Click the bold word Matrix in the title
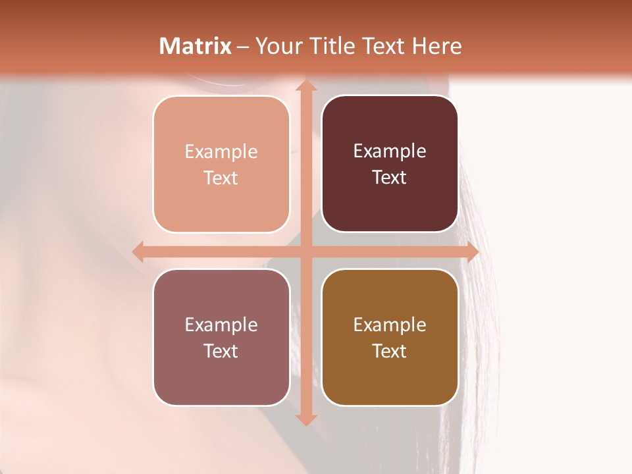196,46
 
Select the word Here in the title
437,46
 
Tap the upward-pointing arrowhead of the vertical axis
305,86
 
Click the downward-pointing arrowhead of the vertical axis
305,419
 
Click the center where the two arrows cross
305,251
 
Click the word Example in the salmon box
221,152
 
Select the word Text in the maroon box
390,178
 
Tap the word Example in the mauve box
221,325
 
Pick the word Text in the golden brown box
390,351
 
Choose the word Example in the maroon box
390,151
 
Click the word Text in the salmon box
221,178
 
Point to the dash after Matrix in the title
243,47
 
